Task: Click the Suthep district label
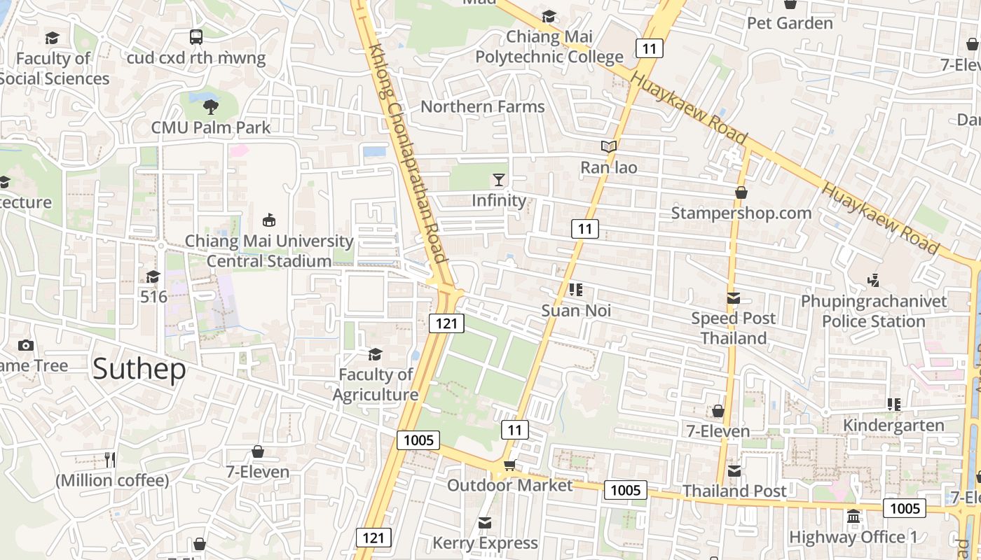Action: pos(139,368)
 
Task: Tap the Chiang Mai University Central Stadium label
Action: pos(268,251)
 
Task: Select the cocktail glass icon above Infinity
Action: pos(498,180)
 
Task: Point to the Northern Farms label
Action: pos(482,106)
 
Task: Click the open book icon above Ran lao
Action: pos(609,147)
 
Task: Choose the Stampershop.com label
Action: pos(741,213)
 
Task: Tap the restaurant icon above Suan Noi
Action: pos(576,290)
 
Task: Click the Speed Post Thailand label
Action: pos(734,328)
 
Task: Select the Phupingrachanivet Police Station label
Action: pos(873,311)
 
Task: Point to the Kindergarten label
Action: pos(893,425)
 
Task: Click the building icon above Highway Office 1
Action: pos(853,517)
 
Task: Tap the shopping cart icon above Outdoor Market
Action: pos(509,465)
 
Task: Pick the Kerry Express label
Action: pos(485,542)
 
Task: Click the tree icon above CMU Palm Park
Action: pos(210,107)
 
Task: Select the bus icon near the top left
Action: pos(196,37)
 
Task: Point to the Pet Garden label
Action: pos(790,23)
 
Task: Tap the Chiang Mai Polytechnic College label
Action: pos(549,46)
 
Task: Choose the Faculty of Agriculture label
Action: pos(376,384)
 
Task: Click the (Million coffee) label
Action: pos(112,481)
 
